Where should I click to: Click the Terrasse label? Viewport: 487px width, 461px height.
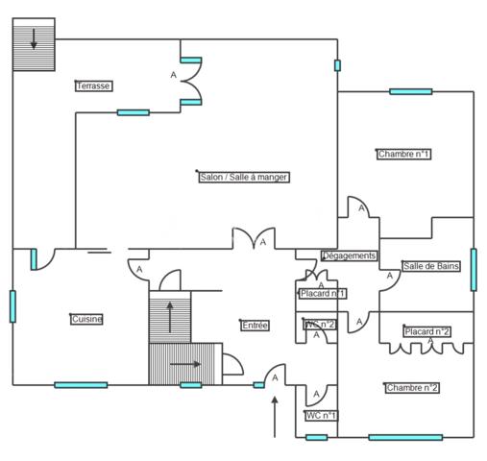pos(94,85)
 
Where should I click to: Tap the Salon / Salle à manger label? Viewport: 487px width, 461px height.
pos(244,177)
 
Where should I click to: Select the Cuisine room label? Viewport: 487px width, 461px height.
pos(86,319)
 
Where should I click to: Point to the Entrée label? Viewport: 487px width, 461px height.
pos(255,326)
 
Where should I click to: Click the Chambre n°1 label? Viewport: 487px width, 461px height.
pos(403,154)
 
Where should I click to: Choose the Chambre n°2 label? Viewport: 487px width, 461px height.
pos(412,388)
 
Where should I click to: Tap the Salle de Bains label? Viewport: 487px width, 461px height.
pos(431,266)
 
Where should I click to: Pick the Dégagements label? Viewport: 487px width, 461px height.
pos(350,255)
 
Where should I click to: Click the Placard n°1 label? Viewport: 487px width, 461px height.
pos(323,294)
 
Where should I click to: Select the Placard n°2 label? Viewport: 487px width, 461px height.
pos(427,331)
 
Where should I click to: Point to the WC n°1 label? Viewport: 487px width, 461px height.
pos(321,416)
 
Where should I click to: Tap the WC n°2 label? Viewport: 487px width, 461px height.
pos(320,325)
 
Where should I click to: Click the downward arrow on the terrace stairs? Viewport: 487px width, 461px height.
pos(34,39)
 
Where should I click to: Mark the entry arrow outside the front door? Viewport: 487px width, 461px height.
pos(275,417)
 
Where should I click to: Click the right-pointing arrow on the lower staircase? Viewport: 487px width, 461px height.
pos(185,364)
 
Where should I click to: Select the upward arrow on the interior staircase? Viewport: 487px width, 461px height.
pos(170,317)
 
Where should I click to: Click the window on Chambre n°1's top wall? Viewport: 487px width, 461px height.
pos(411,92)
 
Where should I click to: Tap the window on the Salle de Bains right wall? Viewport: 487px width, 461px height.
pos(474,270)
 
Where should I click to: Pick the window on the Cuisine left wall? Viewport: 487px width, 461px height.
pos(12,306)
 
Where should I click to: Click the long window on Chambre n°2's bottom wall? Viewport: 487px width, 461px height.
pos(405,437)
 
